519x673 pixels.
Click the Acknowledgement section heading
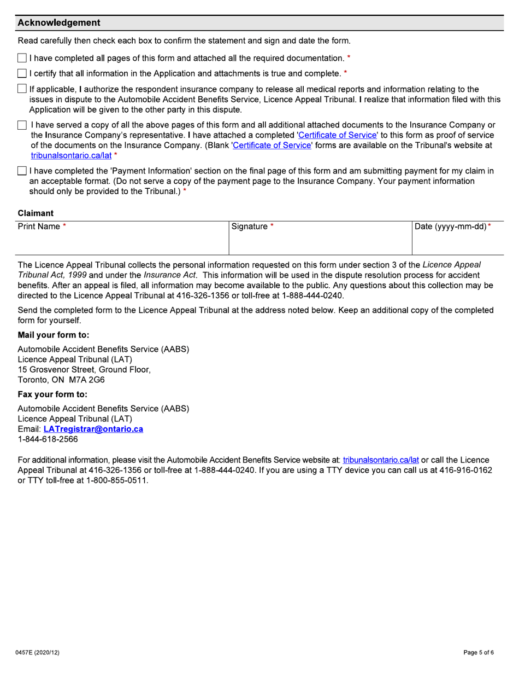pos(59,23)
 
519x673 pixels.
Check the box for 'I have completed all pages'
pos(22,58)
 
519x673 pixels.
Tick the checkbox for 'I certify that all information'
pos(22,73)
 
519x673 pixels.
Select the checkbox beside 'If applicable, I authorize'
pos(22,89)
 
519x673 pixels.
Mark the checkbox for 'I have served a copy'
pos(22,126)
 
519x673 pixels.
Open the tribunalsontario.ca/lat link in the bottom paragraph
pos(380,460)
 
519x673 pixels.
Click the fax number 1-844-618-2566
pos(48,439)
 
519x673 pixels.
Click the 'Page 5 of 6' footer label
pos(479,653)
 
